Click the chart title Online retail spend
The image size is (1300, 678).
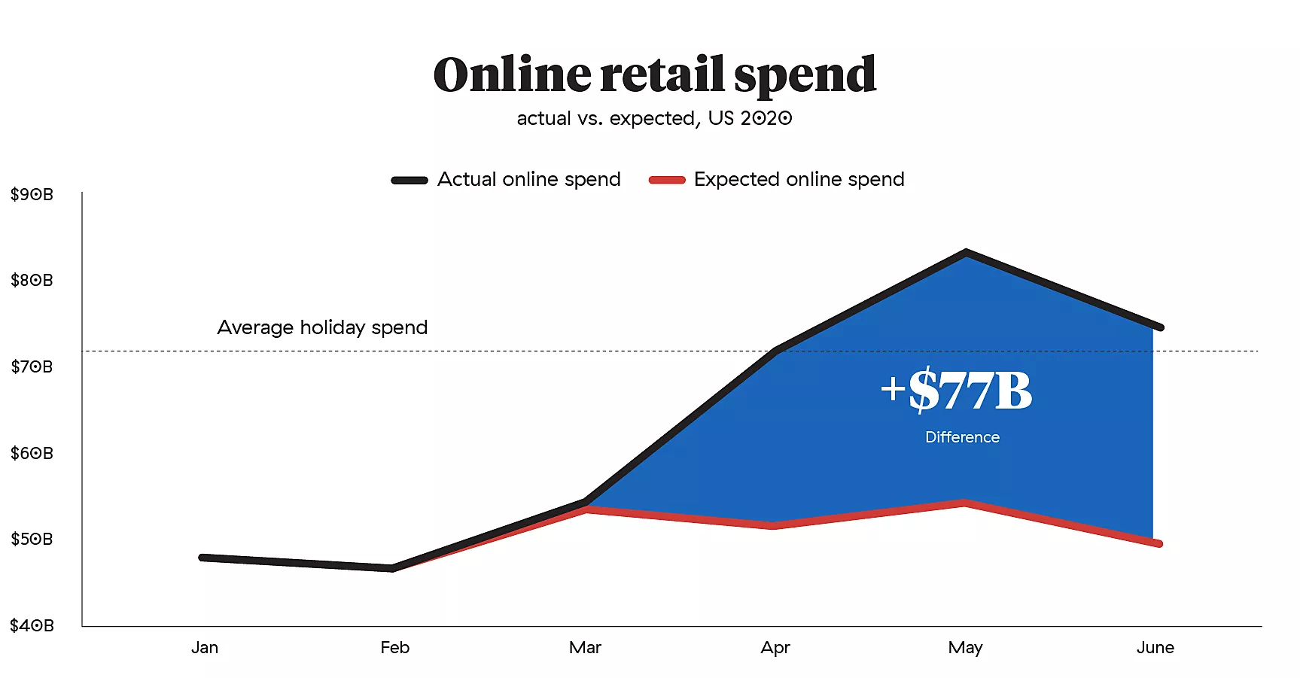(x=654, y=75)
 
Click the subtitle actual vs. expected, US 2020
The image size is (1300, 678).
(x=654, y=119)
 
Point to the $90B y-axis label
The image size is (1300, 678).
(x=32, y=194)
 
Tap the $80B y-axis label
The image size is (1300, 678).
(x=32, y=281)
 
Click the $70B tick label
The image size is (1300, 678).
(x=32, y=366)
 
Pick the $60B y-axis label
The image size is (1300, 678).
(x=32, y=453)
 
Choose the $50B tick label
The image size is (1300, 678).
(x=32, y=539)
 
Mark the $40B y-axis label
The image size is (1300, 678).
(x=32, y=625)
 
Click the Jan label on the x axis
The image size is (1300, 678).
(x=205, y=648)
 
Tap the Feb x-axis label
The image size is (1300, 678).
(x=394, y=648)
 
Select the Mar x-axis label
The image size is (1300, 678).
(x=585, y=648)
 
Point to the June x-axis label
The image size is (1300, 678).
(x=1155, y=648)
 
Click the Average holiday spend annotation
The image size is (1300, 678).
(x=322, y=327)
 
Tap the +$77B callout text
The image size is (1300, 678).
(x=957, y=391)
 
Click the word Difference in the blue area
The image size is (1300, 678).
(x=962, y=437)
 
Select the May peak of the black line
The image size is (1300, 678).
(x=966, y=253)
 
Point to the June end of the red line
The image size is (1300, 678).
(x=1159, y=543)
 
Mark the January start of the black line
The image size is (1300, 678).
(x=202, y=558)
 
